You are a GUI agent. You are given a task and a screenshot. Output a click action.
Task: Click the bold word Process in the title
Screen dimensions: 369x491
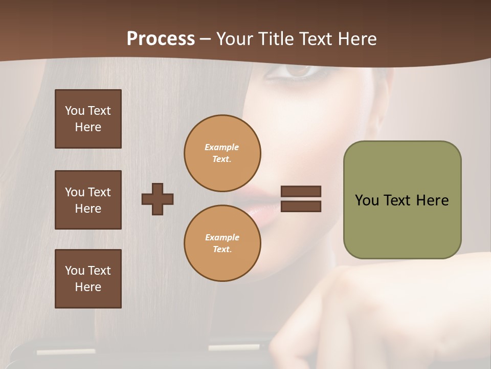(161, 39)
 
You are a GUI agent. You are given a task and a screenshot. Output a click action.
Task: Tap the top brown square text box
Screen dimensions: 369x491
(88, 119)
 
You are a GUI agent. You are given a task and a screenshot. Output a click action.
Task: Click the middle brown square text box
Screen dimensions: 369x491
(88, 200)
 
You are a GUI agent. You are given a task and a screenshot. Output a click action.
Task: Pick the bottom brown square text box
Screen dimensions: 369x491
(88, 279)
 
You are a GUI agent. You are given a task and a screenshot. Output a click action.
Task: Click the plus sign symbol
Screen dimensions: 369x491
(158, 199)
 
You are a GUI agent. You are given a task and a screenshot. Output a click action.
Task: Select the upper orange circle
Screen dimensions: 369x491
(222, 153)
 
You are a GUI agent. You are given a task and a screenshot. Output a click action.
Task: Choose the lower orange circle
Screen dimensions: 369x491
(222, 243)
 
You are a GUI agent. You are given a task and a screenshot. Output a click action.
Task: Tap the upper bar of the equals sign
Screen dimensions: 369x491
(301, 192)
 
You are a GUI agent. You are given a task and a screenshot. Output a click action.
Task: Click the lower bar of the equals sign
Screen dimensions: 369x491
(301, 207)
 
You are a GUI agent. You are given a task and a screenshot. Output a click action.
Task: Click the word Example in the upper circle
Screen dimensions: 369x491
(222, 148)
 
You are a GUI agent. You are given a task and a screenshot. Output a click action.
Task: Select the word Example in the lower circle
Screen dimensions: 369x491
(222, 238)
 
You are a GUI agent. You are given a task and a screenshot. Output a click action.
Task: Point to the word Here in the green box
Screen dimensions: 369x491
(432, 200)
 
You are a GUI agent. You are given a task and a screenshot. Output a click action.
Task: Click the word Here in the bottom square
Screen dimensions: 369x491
(88, 287)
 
